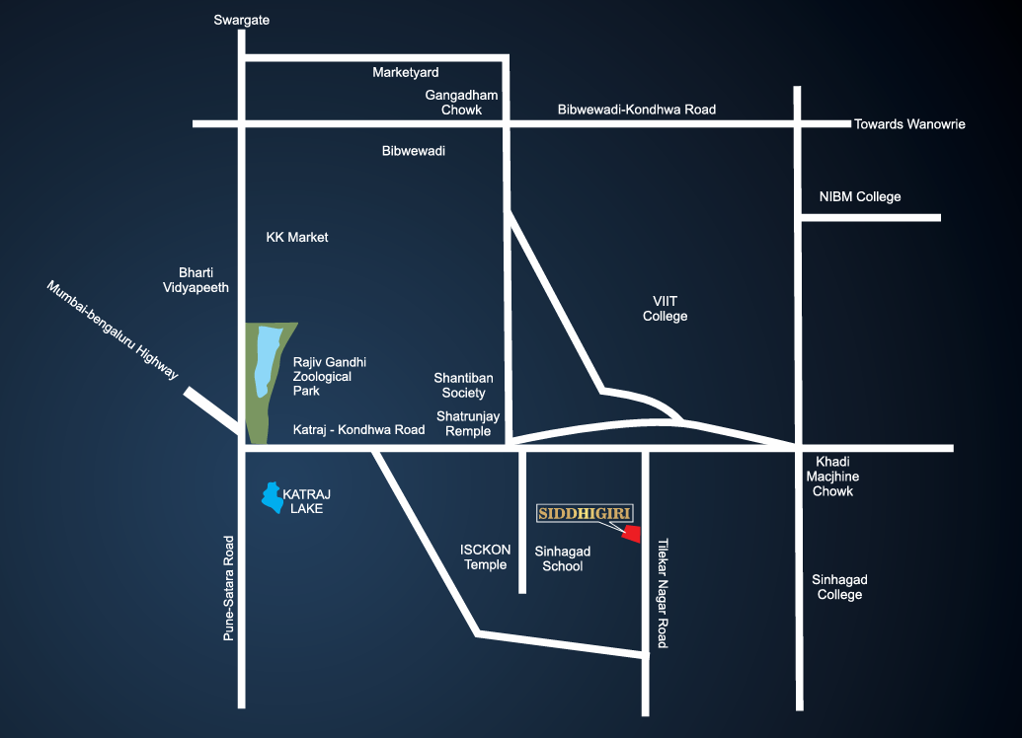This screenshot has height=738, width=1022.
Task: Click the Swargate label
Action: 241,20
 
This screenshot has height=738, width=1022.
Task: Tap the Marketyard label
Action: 406,72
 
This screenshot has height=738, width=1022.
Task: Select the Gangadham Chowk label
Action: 461,103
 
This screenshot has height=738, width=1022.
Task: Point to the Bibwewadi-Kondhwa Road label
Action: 636,110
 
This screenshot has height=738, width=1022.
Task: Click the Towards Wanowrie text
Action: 909,124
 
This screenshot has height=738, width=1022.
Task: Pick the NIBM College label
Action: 860,196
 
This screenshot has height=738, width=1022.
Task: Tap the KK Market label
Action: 296,237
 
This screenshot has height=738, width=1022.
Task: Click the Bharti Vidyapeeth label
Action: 196,280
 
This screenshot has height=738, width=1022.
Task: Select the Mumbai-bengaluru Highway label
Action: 113,330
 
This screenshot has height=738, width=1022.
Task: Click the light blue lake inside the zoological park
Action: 267,360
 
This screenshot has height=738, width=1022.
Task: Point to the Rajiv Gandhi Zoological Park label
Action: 329,377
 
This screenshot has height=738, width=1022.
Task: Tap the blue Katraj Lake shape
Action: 272,497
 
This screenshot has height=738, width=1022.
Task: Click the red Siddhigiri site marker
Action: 632,534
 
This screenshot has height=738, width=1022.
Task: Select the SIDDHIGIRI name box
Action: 585,513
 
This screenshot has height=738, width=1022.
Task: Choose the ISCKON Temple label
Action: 485,556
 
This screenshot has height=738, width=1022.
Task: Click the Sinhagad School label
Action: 563,558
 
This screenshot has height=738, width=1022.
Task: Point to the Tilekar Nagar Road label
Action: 663,593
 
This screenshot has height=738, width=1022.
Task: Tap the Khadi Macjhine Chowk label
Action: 832,477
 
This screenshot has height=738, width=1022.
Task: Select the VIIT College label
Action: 665,309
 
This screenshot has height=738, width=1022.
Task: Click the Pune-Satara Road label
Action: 229,588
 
